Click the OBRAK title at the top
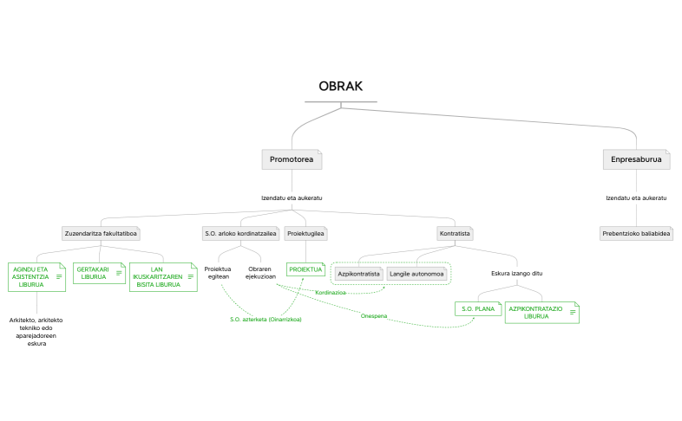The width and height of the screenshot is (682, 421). [340, 87]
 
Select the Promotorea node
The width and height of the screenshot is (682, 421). [292, 159]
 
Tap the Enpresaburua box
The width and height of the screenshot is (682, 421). [636, 159]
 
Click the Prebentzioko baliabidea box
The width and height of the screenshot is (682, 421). [635, 233]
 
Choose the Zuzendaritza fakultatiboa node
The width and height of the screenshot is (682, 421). [102, 233]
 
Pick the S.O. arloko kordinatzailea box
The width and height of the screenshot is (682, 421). [240, 233]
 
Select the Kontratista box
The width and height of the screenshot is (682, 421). [455, 233]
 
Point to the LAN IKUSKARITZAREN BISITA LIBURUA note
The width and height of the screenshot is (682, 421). [157, 276]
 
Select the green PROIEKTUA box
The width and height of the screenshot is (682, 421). [305, 269]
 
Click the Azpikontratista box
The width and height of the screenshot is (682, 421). [359, 274]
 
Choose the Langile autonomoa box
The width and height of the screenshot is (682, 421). [416, 274]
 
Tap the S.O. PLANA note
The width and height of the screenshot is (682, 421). [477, 308]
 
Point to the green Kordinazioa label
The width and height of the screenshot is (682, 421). [331, 293]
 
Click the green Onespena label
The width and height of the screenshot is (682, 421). [374, 315]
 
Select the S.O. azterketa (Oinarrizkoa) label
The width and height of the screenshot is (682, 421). [266, 320]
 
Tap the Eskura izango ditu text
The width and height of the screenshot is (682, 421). [516, 274]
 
